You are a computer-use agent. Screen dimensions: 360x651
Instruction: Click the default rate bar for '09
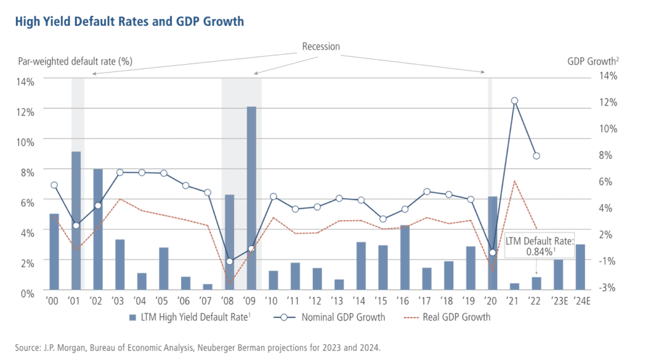tap(251, 197)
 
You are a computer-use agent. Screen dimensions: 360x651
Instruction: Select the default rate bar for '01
tap(76, 220)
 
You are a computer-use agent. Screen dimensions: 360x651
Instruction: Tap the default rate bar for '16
tap(404, 257)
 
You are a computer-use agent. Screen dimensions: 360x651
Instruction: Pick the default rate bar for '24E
tap(580, 267)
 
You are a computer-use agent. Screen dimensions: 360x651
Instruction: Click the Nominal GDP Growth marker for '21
tap(514, 100)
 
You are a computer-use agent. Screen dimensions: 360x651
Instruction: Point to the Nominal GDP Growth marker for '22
tap(537, 156)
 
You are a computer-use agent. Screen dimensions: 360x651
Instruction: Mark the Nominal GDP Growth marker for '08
tap(230, 261)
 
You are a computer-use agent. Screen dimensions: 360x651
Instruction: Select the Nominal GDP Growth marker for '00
tap(54, 185)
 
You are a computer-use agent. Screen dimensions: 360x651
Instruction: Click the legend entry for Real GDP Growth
tap(456, 317)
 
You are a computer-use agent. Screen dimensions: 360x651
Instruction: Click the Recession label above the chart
tap(320, 46)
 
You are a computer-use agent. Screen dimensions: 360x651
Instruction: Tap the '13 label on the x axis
tap(338, 301)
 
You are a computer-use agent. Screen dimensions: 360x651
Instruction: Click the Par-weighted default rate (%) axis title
tap(74, 62)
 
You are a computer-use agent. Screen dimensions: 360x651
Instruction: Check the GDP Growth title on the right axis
tap(591, 62)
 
